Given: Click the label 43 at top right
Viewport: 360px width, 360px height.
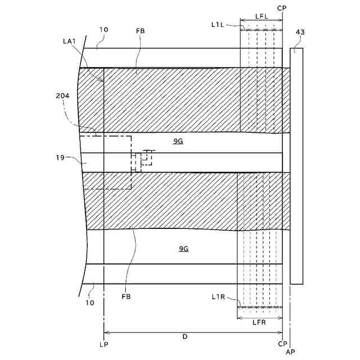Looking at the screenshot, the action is click(300, 32).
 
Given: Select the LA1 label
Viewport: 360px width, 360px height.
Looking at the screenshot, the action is click(70, 41).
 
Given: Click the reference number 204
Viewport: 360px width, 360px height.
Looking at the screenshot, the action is click(63, 96).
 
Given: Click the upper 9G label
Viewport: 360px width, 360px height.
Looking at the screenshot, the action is click(178, 142).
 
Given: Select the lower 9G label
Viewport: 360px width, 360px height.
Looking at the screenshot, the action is click(183, 248).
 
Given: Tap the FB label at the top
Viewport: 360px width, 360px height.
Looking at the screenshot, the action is click(140, 31).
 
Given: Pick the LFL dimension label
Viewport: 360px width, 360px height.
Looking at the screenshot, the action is click(261, 17).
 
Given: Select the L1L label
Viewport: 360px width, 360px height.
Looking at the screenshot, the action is click(218, 24).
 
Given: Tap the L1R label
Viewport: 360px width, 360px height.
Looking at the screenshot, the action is click(219, 297).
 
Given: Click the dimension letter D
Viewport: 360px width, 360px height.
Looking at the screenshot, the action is click(184, 337).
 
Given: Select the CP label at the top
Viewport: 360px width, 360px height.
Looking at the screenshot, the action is click(282, 7).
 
